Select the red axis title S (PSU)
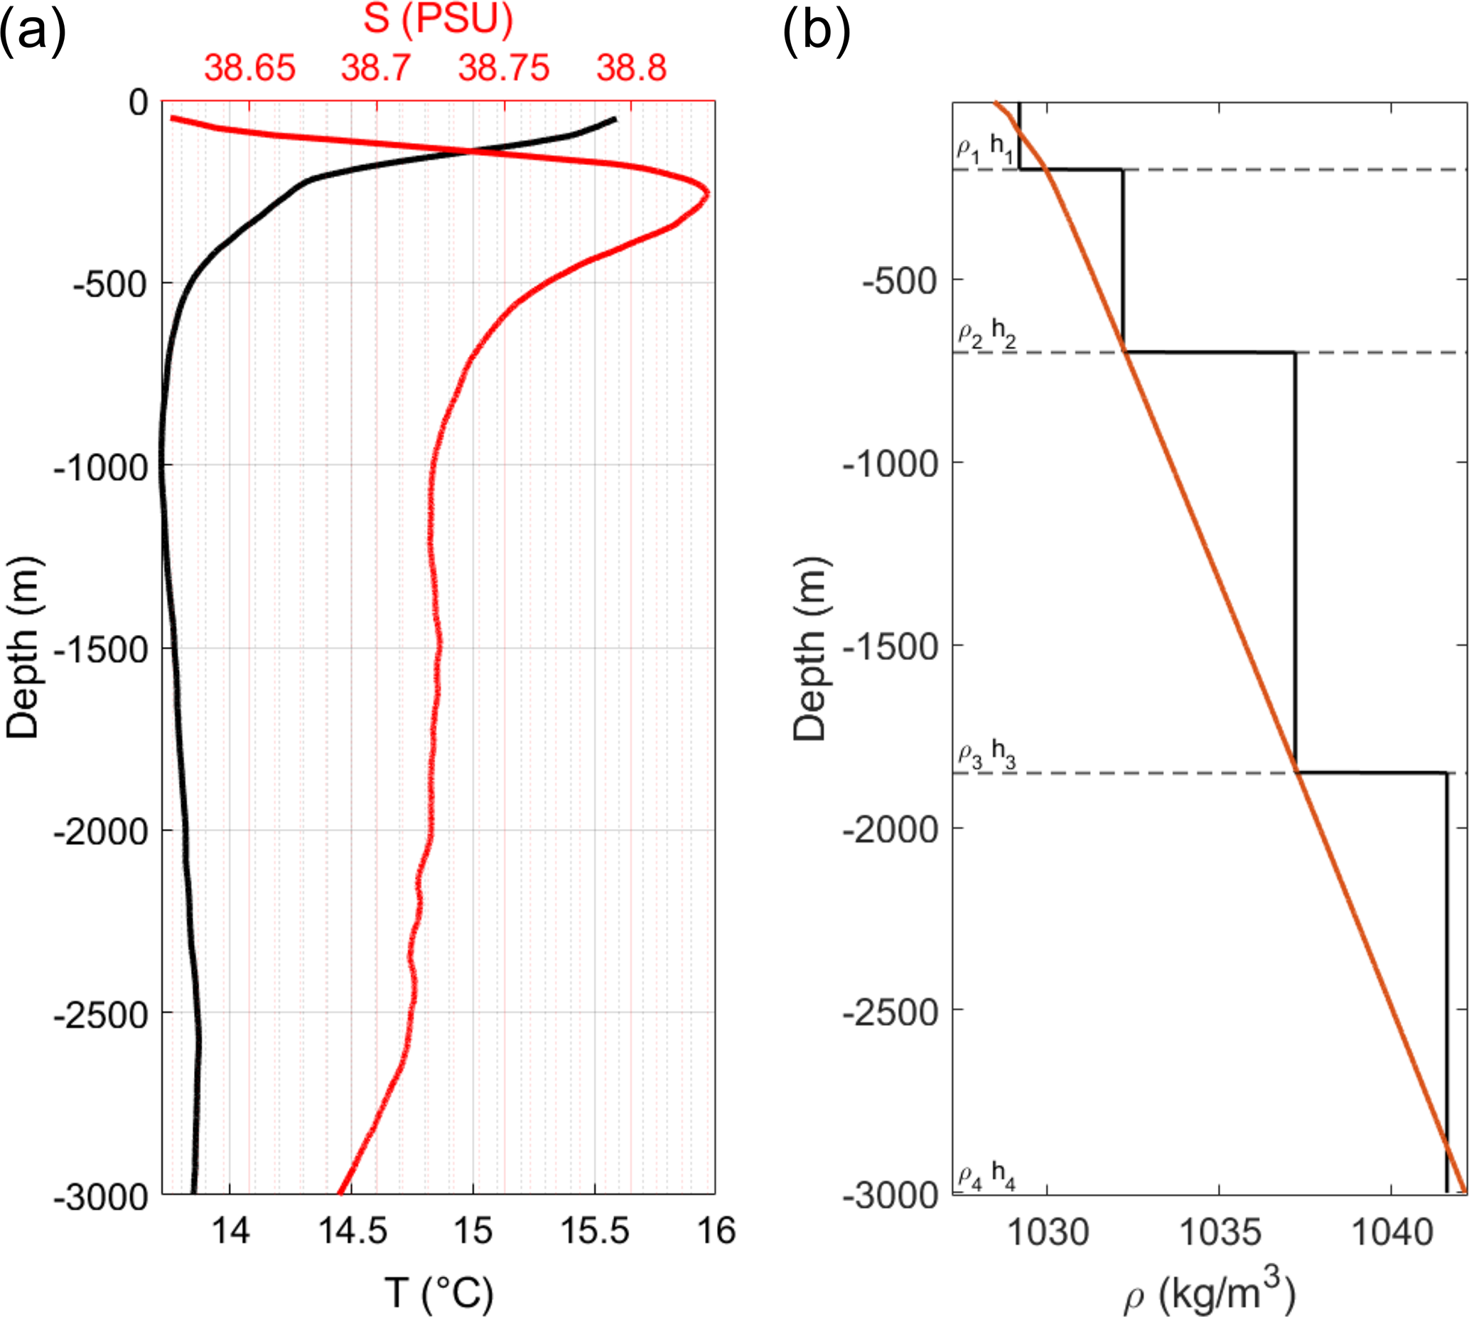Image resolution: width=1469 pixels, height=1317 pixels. (x=438, y=19)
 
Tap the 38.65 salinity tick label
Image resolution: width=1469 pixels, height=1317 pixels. (x=249, y=69)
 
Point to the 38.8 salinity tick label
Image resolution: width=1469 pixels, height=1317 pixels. (x=631, y=69)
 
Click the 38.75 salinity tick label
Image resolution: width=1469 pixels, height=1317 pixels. (x=503, y=69)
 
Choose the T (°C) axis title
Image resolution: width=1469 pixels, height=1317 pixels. (x=438, y=1292)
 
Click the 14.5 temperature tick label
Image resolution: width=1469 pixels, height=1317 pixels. (x=353, y=1231)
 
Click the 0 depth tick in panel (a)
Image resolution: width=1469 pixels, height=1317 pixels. (x=138, y=102)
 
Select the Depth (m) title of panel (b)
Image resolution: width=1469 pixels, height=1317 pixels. (x=809, y=649)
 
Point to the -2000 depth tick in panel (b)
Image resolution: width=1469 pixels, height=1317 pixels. (x=890, y=829)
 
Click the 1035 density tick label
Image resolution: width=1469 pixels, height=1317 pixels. (x=1220, y=1231)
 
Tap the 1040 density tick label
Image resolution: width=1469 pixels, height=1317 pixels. (x=1392, y=1231)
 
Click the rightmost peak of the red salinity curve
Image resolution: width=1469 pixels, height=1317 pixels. (x=706, y=193)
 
